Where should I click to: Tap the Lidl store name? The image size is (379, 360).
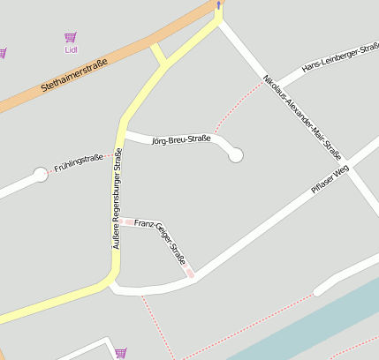click(x=72, y=49)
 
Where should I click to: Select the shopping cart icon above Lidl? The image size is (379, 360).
click(x=71, y=37)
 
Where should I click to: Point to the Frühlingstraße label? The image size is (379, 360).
click(x=79, y=162)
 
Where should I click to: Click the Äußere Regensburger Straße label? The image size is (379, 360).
click(x=117, y=199)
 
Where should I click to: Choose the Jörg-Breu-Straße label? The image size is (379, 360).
click(x=181, y=140)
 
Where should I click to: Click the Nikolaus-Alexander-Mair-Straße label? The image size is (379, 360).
click(x=302, y=116)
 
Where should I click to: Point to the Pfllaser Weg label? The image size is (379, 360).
click(x=330, y=180)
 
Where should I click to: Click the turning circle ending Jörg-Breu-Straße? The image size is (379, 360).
click(x=235, y=155)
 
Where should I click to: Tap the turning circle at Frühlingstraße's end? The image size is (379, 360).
click(x=40, y=175)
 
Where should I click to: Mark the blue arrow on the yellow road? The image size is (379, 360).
click(x=218, y=5)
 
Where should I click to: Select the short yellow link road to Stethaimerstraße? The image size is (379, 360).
click(x=158, y=56)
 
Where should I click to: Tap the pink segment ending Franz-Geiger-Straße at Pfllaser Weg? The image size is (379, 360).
click(x=189, y=274)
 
